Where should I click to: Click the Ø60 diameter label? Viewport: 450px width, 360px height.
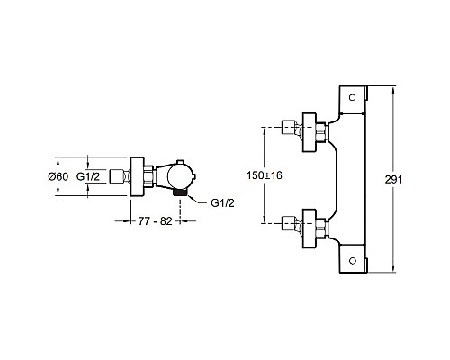pos(58,176)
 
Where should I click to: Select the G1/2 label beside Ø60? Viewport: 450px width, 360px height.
pos(88,176)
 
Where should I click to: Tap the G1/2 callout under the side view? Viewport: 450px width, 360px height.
pos(222,203)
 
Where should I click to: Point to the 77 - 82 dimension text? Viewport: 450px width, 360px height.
pos(155,221)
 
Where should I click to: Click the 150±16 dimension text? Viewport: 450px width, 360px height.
pos(265,175)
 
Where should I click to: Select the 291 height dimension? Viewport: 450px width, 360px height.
pos(393,180)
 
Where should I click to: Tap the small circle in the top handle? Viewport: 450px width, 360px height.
pos(353,97)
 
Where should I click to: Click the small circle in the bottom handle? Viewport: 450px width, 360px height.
pos(353,260)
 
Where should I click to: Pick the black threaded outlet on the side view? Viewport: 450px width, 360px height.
pos(180,193)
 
